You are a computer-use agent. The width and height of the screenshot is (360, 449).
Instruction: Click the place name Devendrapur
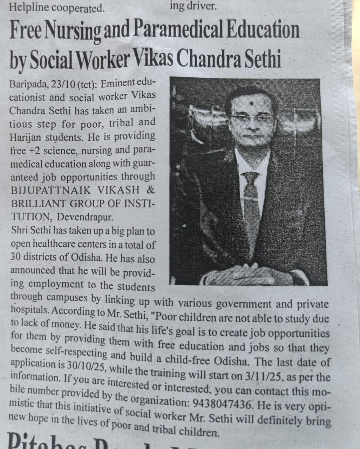pyautogui.click(x=85, y=217)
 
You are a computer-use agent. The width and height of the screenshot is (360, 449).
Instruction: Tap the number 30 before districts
pyautogui.click(x=15, y=257)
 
